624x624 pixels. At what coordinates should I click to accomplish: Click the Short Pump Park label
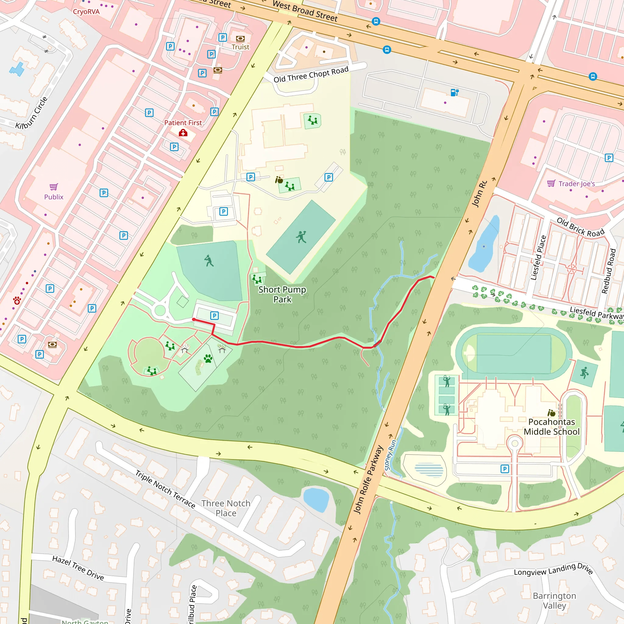282,294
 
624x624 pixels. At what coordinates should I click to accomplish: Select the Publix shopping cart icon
54,187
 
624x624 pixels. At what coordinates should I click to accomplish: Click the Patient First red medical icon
183,133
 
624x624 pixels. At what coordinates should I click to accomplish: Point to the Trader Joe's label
576,184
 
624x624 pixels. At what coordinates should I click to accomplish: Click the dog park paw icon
208,358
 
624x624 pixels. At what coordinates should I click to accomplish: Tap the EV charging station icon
454,92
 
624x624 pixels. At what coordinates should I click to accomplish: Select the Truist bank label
240,47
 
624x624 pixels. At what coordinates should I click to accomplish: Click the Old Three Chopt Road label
311,75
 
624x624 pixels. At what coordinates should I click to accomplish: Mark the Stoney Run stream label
390,455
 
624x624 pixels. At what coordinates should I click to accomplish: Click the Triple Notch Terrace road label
165,489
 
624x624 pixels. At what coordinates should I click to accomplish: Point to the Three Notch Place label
226,509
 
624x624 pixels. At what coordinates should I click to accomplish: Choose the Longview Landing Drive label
553,569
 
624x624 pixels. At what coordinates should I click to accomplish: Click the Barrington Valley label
554,601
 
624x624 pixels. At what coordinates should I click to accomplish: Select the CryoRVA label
86,12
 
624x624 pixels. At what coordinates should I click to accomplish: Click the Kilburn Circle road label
32,113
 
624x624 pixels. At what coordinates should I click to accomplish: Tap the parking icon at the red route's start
214,316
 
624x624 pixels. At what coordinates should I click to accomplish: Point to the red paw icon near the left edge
17,301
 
